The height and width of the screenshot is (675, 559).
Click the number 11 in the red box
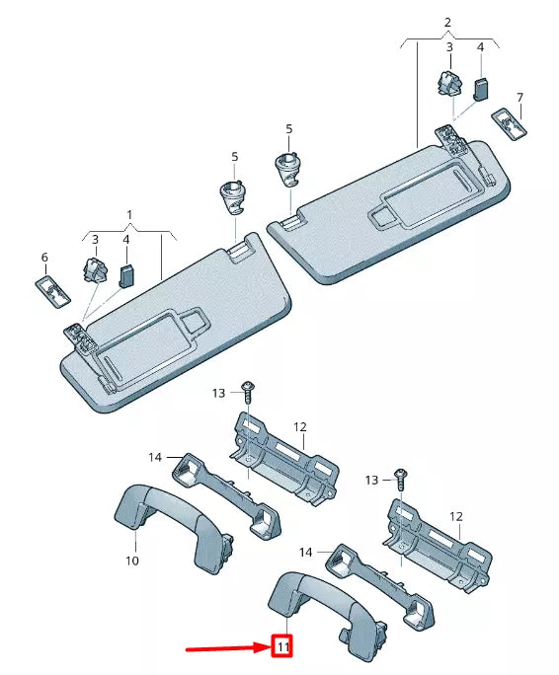coord(282,648)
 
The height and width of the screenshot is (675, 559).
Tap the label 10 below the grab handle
coord(132,561)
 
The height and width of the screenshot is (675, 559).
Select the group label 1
coord(128,214)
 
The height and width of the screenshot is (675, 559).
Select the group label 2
coord(447,22)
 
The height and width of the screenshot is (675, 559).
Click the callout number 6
coord(44,258)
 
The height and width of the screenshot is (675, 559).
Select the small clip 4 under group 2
coord(480,90)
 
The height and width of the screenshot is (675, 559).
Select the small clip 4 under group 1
coord(126,275)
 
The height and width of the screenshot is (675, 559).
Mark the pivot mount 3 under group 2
coord(447,86)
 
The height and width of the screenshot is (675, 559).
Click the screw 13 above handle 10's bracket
coord(248,395)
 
